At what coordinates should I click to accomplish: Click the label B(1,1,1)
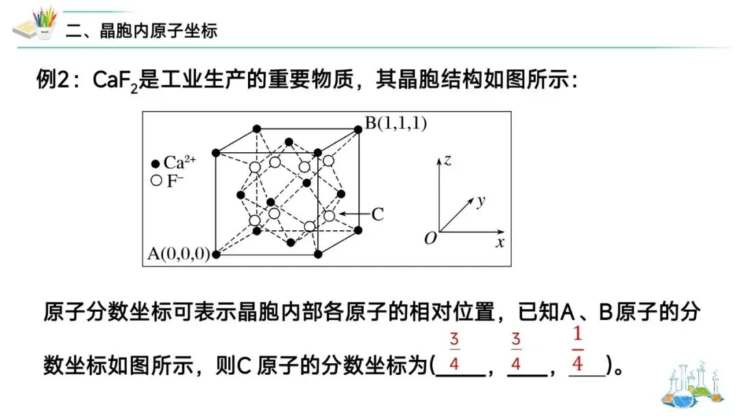[395, 123]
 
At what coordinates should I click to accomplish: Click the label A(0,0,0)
[178, 254]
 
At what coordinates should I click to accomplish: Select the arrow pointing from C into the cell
[354, 215]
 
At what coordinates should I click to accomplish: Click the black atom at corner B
[358, 128]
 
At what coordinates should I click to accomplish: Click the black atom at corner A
[217, 254]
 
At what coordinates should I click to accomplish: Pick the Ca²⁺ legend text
[180, 163]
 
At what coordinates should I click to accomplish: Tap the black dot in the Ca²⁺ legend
[156, 164]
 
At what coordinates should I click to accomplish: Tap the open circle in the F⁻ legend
[156, 181]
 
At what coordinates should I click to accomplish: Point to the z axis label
[447, 160]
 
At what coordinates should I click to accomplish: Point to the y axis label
[481, 200]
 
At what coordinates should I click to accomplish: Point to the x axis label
[500, 242]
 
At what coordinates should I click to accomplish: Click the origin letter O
[430, 238]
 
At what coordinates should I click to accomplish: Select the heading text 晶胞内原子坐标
[158, 31]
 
